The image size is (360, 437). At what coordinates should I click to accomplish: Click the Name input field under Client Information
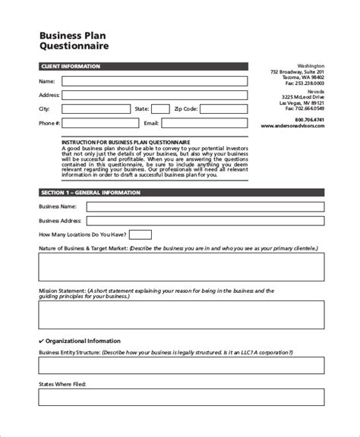point(154,81)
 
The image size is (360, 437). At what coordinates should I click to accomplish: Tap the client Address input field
point(154,95)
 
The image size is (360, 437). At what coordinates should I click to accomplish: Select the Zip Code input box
point(225,108)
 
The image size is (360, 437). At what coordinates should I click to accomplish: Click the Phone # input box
point(97,122)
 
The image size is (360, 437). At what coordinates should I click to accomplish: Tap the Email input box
point(205,122)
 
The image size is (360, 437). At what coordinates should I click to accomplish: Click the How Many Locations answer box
point(141,234)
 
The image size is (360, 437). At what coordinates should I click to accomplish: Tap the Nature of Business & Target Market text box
point(181,267)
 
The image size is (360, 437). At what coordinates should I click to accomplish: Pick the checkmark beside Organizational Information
point(41,341)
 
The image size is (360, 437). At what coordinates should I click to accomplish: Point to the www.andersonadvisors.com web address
point(292,126)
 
